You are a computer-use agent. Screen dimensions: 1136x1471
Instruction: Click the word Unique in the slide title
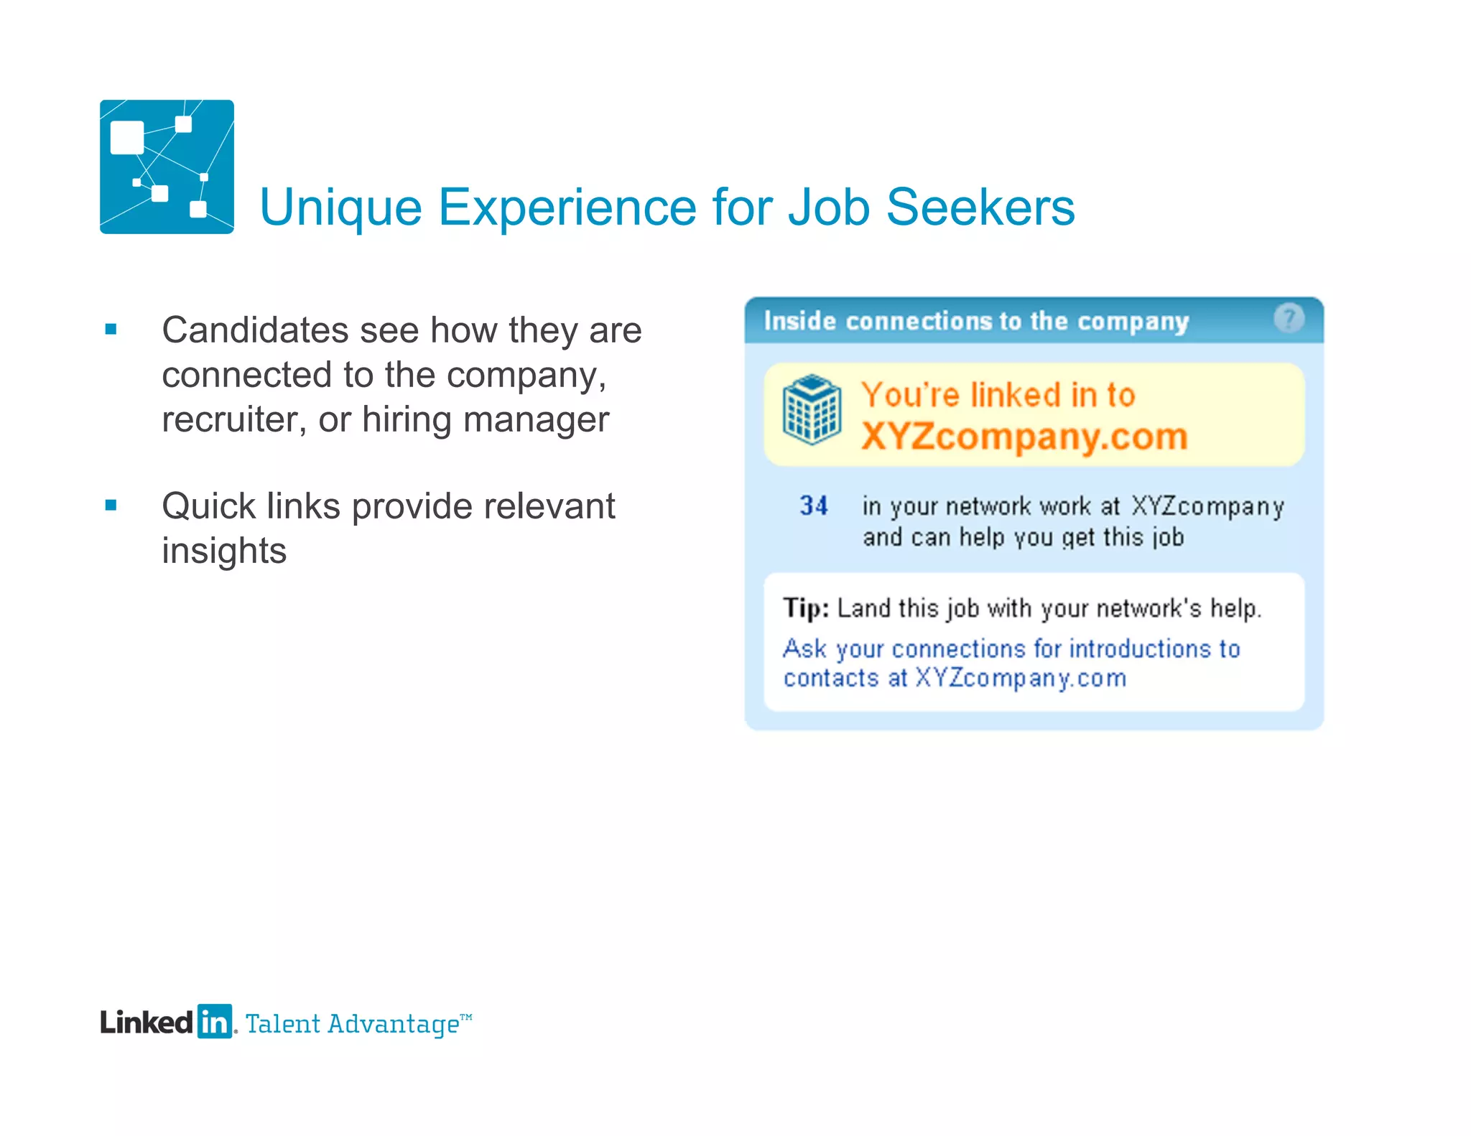[x=340, y=208]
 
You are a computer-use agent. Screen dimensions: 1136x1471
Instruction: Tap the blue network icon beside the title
[x=167, y=167]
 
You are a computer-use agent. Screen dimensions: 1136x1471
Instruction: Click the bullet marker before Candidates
[x=111, y=330]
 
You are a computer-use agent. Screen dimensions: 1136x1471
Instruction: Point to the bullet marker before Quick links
[x=111, y=506]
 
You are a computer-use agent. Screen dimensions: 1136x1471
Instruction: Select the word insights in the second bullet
[x=224, y=551]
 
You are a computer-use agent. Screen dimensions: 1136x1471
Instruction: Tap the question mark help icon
[x=1289, y=318]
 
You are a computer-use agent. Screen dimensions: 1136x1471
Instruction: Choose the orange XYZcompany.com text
[x=1024, y=437]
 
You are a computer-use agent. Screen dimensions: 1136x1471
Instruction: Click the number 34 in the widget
[x=814, y=506]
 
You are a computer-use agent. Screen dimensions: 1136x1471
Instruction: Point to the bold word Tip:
[x=806, y=608]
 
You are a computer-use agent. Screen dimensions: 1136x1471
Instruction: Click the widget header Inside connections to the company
[x=976, y=321]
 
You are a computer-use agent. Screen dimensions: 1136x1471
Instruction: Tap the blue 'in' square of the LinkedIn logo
[x=214, y=1021]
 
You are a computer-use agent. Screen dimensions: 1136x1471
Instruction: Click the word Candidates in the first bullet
[x=255, y=330]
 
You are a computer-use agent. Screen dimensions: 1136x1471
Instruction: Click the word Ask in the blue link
[x=804, y=648]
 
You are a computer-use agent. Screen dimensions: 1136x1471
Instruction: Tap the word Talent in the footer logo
[x=283, y=1024]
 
